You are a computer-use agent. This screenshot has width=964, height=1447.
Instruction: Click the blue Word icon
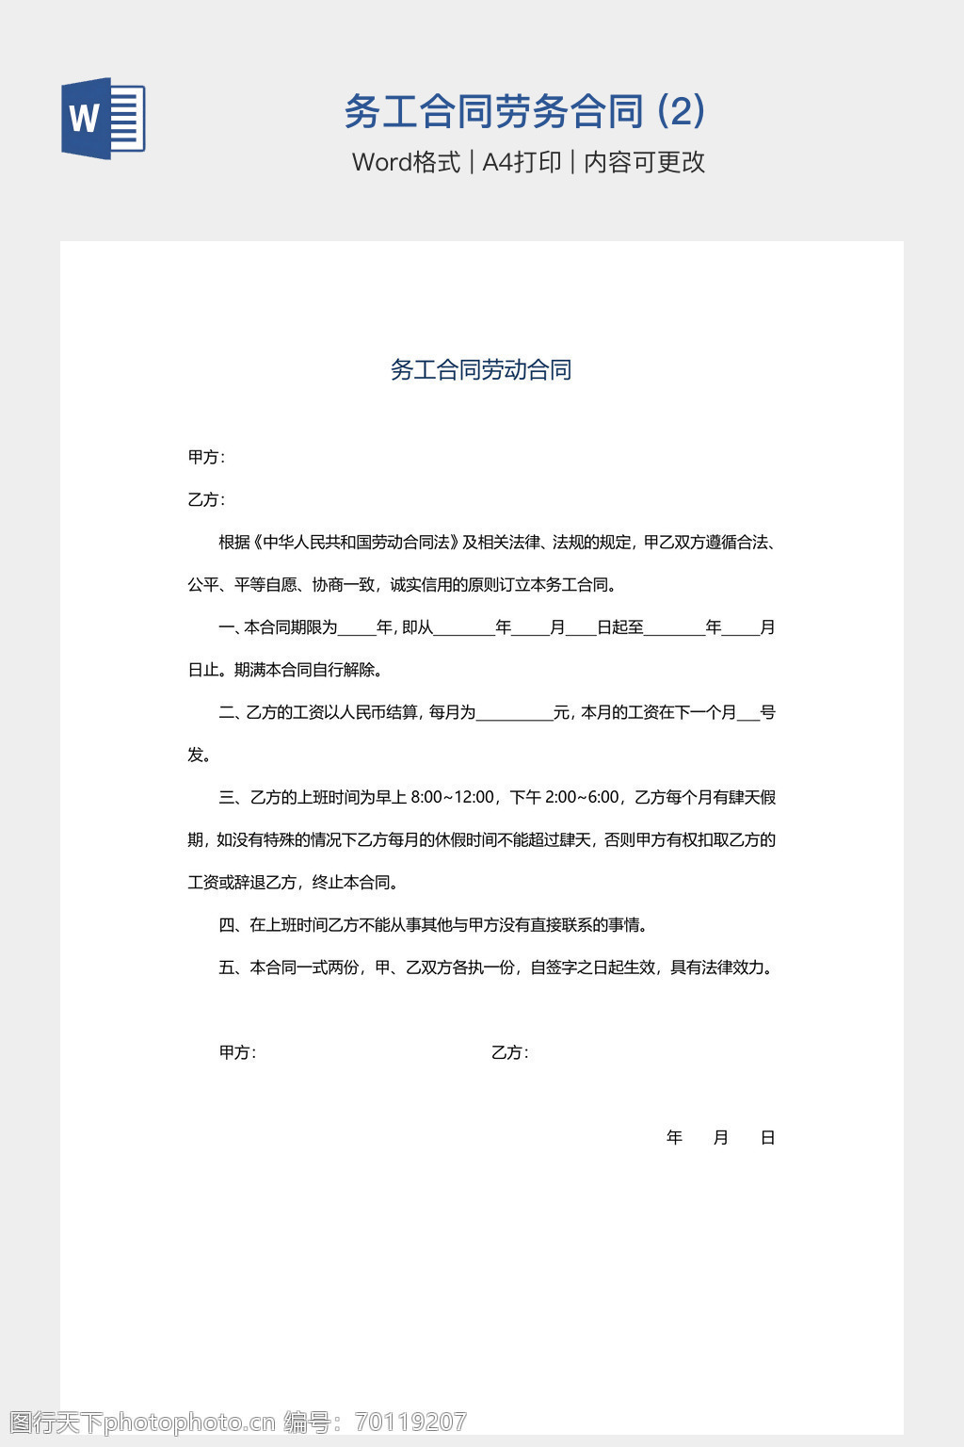coord(104,119)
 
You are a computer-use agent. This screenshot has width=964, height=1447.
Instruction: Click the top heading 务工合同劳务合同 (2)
coord(524,111)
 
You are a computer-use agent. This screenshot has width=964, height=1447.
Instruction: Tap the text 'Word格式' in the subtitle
coord(406,162)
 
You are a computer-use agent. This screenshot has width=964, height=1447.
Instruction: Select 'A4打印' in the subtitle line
coord(522,162)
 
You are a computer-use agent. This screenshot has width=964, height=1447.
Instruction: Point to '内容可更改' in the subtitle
coord(644,162)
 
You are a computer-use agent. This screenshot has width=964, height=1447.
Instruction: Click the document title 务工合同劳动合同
coord(481,369)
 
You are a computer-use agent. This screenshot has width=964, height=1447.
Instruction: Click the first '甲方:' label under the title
coord(206,458)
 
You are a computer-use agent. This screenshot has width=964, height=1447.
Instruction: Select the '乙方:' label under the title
coord(206,500)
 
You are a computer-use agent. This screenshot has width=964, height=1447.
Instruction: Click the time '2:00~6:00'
coord(582,798)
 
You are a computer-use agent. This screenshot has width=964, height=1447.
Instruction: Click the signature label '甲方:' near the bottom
coord(237,1053)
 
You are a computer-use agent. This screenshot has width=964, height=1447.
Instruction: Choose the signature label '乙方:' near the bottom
coord(509,1053)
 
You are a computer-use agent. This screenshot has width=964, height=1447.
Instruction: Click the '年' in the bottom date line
coord(674,1138)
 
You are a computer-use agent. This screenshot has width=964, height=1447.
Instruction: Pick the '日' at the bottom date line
coord(767,1138)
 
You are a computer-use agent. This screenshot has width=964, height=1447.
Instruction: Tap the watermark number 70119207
coord(411,1422)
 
